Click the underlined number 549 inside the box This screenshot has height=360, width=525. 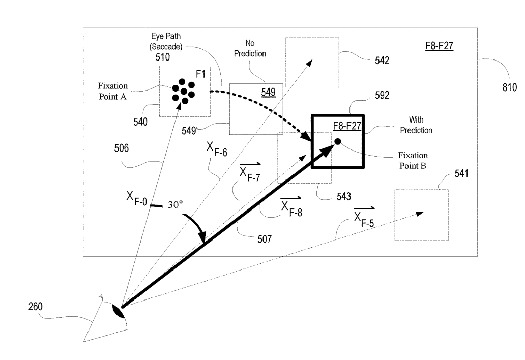tap(269, 92)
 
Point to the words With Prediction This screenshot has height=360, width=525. tap(420, 126)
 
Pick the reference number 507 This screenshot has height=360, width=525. tap(264, 237)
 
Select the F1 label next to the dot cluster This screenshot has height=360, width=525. tap(202, 75)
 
